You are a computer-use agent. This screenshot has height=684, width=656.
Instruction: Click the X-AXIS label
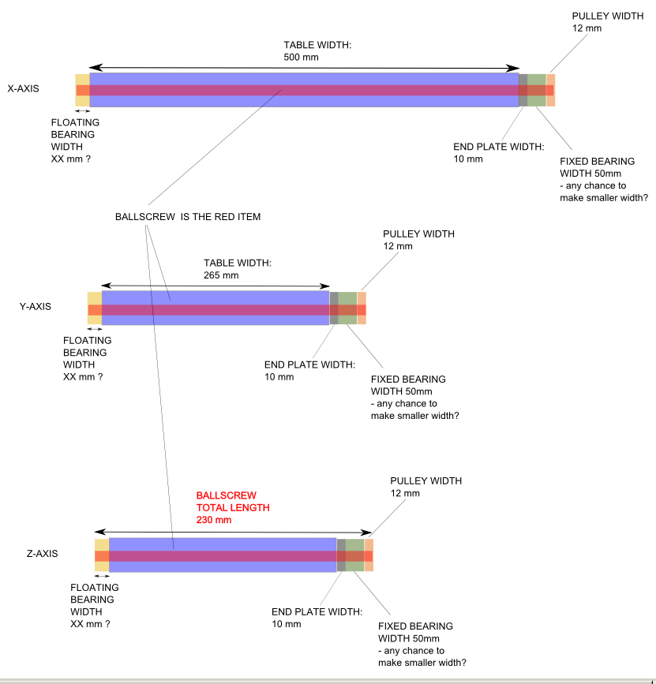[23, 89]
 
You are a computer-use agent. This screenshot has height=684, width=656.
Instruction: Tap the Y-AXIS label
[35, 306]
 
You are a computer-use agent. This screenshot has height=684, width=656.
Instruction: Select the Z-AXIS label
[41, 555]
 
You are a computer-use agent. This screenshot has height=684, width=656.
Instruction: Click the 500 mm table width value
[300, 57]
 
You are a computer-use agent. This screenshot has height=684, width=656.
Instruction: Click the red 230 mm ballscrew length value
[213, 520]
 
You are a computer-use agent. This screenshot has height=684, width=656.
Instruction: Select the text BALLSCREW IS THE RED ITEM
[188, 217]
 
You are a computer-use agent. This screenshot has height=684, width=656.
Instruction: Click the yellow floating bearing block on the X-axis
[82, 80]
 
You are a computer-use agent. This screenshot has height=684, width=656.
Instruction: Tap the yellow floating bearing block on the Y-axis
[94, 298]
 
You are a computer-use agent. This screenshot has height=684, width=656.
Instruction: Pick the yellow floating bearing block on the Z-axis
[101, 546]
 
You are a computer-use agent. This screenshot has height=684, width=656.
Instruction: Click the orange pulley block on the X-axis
[550, 89]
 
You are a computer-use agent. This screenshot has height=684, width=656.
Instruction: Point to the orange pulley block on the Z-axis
[369, 555]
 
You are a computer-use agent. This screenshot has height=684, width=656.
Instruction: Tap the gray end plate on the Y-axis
[333, 308]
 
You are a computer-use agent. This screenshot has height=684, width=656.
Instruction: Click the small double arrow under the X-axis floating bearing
[82, 111]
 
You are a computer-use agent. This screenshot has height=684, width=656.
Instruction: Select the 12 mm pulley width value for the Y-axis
[398, 246]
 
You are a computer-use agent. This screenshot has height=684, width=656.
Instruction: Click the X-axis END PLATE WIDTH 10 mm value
[468, 159]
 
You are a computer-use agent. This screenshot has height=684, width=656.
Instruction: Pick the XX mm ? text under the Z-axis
[90, 623]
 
